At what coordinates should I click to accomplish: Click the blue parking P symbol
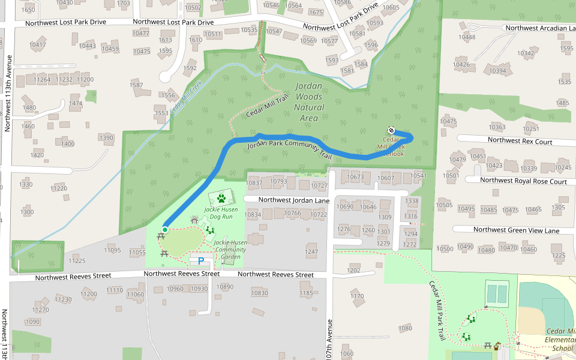click(x=202, y=261)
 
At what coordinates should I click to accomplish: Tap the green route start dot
click(x=165, y=229)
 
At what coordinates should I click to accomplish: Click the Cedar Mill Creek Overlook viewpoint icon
click(x=391, y=130)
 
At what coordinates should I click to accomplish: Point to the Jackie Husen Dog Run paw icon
click(x=221, y=197)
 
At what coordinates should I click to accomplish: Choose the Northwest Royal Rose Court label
click(x=523, y=181)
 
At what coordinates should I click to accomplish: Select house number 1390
click(x=106, y=138)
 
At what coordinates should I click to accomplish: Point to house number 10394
click(x=497, y=71)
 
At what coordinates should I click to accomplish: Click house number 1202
click(x=353, y=270)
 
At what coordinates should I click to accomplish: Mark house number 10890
click(x=225, y=287)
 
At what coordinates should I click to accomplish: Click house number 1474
click(x=76, y=103)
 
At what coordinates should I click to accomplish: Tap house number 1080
click(x=406, y=328)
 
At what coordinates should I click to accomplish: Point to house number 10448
click(x=467, y=37)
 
